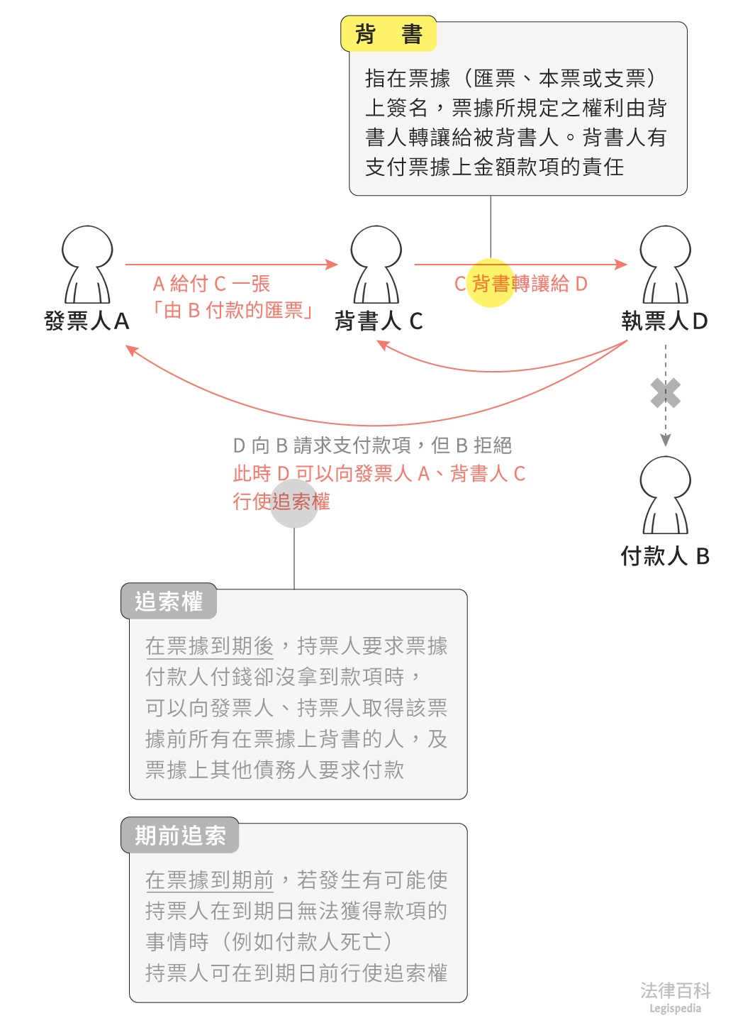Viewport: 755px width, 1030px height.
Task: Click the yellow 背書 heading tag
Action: (388, 34)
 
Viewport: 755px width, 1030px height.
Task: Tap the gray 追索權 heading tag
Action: (169, 602)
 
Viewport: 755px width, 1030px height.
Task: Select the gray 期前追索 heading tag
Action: (180, 836)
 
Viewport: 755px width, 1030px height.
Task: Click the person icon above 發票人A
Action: (87, 265)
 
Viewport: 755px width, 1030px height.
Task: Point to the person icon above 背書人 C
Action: (376, 265)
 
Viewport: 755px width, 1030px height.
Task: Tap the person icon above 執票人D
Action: (665, 265)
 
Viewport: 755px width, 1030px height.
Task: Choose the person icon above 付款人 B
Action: (665, 495)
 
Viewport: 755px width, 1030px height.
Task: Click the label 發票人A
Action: (86, 321)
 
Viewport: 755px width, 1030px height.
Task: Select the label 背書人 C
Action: (379, 321)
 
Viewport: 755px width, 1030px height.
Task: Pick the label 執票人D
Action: (665, 321)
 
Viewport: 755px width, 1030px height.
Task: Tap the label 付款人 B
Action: (665, 556)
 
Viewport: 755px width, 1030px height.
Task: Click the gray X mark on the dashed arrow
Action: (666, 393)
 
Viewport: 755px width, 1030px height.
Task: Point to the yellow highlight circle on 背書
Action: (491, 283)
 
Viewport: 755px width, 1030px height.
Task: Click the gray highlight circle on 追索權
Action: (294, 503)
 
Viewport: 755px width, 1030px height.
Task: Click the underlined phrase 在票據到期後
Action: (209, 646)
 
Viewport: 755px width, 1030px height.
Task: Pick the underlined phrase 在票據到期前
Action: (209, 880)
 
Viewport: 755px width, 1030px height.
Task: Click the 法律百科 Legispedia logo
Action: (675, 997)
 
